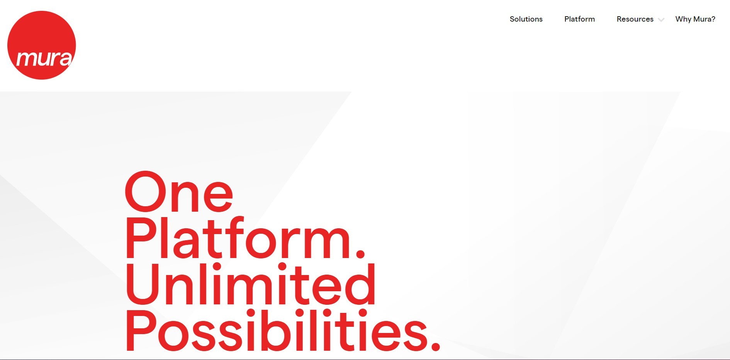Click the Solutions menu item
tap(526, 19)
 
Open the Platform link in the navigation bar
tap(579, 19)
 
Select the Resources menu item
tap(635, 19)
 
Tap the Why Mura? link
tap(695, 19)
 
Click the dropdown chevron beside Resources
tap(661, 20)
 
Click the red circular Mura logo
tap(42, 45)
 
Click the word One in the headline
tap(179, 192)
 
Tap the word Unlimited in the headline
tap(251, 284)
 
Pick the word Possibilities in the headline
tap(277, 330)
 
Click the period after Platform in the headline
tap(360, 253)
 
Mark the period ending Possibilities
tap(435, 346)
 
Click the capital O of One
tap(145, 192)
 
